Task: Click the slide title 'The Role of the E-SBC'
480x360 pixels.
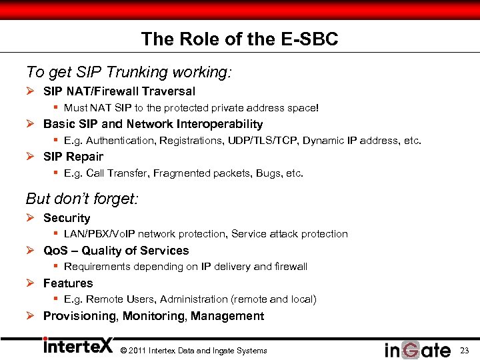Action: [x=239, y=39]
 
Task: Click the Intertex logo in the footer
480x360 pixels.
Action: [x=77, y=347]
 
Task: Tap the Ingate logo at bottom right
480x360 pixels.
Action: [x=417, y=349]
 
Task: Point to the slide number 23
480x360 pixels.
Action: [x=465, y=350]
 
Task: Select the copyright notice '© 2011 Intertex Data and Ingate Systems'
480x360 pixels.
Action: [x=193, y=351]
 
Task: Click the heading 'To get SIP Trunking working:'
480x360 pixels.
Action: [x=128, y=71]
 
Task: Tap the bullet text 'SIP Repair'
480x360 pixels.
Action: [x=73, y=157]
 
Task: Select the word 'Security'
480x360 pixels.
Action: [x=67, y=218]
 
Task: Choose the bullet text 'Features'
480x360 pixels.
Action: [x=68, y=283]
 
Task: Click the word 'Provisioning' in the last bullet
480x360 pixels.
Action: [x=80, y=316]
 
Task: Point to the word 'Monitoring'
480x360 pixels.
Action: [x=153, y=316]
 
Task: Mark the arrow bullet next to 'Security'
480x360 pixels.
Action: [x=31, y=218]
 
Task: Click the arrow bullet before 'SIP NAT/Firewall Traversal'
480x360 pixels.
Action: [x=31, y=91]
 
